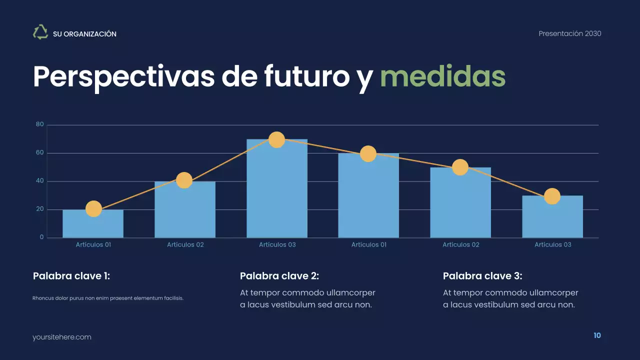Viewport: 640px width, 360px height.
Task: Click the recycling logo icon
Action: click(40, 32)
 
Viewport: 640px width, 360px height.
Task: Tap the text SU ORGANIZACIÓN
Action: click(84, 34)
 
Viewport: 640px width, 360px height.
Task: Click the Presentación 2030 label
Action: click(570, 33)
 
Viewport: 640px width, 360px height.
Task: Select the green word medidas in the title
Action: click(442, 76)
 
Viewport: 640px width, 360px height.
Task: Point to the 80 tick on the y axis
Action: click(40, 124)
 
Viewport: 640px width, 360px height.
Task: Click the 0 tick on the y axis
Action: click(42, 237)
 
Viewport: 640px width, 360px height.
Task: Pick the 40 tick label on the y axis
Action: click(40, 181)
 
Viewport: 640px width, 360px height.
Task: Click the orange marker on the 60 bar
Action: click(368, 153)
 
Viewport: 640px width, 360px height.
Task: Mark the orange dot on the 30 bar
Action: click(552, 196)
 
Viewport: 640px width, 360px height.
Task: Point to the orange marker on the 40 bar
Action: click(184, 180)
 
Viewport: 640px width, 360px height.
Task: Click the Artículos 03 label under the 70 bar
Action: click(277, 244)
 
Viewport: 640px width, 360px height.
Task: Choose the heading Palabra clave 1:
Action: click(71, 276)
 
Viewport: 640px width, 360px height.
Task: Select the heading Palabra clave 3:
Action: click(482, 276)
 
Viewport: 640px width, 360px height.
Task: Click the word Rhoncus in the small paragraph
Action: click(42, 298)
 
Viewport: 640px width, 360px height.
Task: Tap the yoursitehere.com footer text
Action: click(62, 337)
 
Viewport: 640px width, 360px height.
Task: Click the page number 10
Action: click(597, 335)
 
